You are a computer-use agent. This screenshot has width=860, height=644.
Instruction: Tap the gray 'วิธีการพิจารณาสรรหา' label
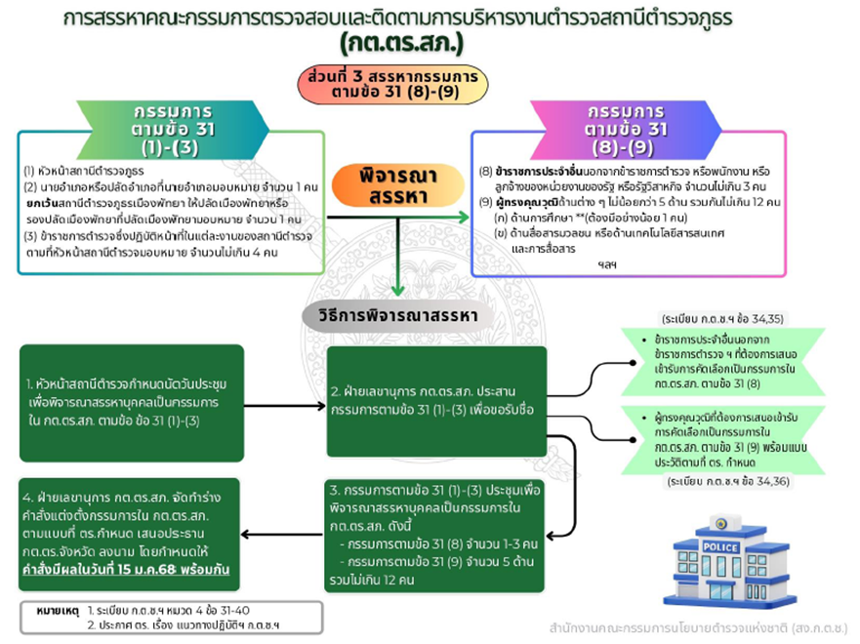click(x=396, y=314)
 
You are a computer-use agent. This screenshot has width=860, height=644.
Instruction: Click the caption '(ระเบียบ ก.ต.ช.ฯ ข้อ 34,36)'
click(x=723, y=482)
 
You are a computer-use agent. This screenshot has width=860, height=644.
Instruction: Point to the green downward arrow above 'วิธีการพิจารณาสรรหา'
click(x=397, y=283)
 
